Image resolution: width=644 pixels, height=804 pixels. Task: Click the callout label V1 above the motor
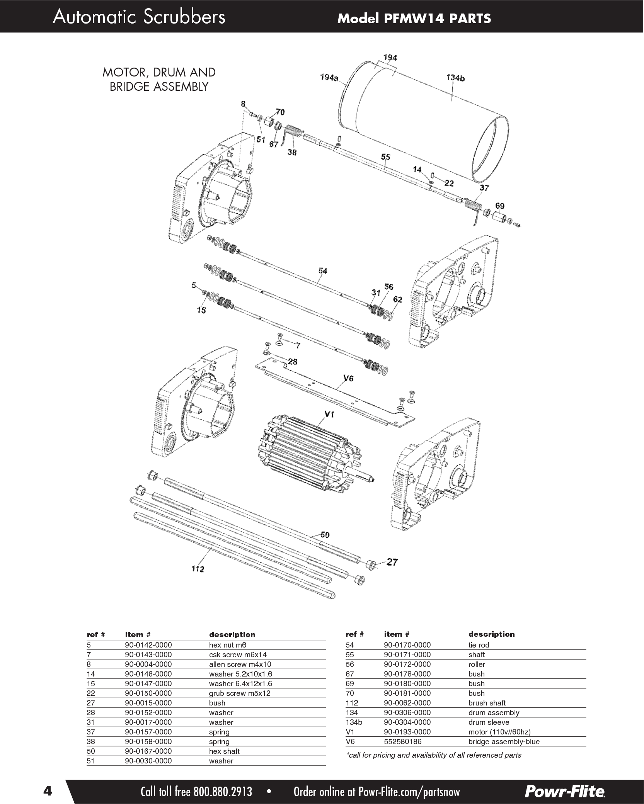click(x=329, y=414)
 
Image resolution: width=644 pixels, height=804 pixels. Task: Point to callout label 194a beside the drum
click(x=329, y=78)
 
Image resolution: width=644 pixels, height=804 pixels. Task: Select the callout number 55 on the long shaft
click(x=385, y=157)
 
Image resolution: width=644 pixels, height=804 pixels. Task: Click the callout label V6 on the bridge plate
click(x=348, y=379)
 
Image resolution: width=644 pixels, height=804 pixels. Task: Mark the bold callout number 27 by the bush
click(x=392, y=562)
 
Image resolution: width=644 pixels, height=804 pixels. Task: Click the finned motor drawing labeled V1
click(x=309, y=456)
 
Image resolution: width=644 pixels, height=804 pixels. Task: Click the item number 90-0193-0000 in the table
click(x=407, y=732)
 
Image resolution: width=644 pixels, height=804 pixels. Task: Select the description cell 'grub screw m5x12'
click(x=240, y=693)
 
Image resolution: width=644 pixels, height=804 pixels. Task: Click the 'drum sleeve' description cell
click(x=489, y=722)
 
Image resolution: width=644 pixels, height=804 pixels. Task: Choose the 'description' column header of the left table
click(x=232, y=635)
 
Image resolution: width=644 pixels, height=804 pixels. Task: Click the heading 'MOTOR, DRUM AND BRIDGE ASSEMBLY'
click(x=159, y=80)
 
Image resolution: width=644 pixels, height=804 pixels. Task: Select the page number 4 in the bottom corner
click(x=47, y=789)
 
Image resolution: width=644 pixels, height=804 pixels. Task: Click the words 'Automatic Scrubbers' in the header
click(x=139, y=17)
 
